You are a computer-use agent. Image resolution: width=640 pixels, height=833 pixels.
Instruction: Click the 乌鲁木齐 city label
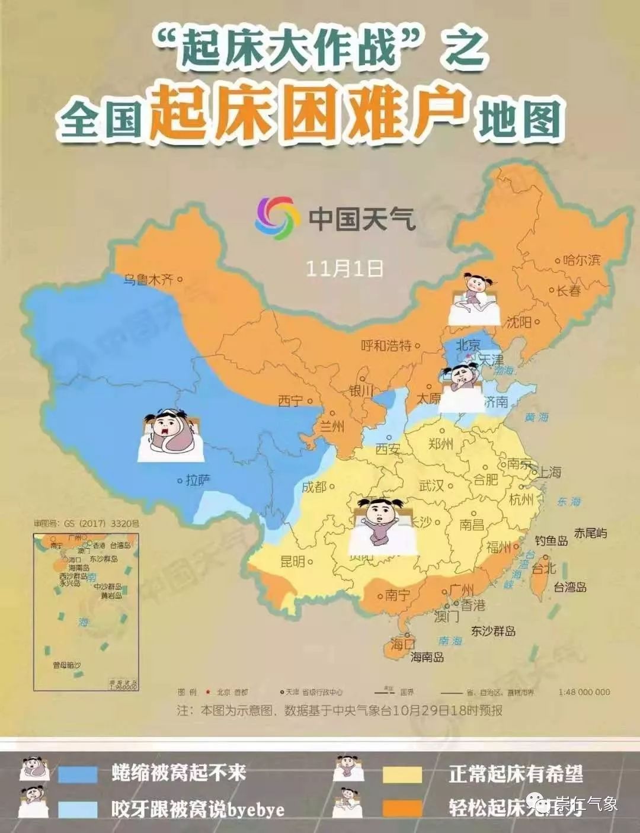[148, 278]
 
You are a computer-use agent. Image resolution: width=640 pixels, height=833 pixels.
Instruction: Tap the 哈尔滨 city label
[582, 259]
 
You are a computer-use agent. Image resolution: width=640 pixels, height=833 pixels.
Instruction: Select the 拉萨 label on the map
[198, 480]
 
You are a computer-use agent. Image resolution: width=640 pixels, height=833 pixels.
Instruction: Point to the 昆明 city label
[292, 561]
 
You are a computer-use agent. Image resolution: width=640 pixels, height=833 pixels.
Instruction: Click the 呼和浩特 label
[386, 345]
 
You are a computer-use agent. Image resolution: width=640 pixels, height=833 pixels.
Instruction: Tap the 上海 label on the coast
[548, 472]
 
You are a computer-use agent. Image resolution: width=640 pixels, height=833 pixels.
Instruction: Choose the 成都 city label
[314, 487]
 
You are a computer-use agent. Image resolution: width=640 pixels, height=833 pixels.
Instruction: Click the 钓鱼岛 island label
[551, 540]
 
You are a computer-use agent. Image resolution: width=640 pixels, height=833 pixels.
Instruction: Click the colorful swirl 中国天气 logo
[275, 219]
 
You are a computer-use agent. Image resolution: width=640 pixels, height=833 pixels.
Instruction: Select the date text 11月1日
[344, 268]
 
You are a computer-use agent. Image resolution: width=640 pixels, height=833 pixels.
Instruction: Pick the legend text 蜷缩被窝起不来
[178, 773]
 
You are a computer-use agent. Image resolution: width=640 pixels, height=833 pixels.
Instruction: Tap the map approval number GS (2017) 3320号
[87, 524]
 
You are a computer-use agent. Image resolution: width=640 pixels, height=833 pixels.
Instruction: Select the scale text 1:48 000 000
[584, 692]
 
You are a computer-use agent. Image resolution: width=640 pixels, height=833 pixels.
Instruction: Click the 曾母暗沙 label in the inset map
[66, 665]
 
